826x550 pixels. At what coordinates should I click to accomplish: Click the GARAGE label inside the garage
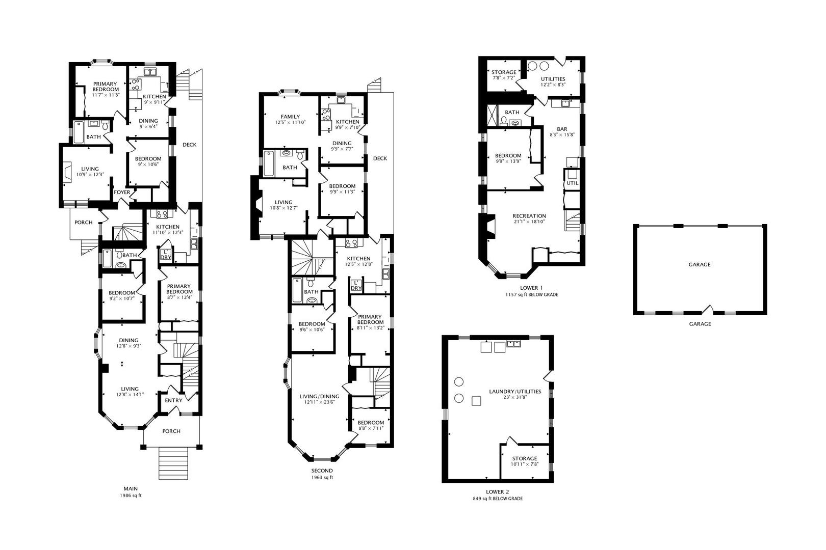click(699, 264)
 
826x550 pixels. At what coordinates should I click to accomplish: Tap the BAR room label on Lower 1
click(562, 129)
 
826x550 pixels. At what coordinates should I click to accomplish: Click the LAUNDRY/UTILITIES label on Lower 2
click(515, 392)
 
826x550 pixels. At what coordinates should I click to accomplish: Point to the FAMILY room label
click(290, 117)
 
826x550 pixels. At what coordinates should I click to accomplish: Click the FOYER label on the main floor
click(122, 193)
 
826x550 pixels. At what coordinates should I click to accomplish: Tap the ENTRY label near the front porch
click(173, 400)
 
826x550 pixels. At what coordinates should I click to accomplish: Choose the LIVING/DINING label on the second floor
click(319, 396)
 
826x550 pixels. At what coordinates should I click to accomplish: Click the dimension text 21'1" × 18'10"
click(529, 222)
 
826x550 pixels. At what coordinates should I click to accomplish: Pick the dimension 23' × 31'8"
click(515, 398)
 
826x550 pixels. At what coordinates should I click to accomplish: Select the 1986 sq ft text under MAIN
click(131, 496)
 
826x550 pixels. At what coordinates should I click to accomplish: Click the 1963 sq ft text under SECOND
click(322, 477)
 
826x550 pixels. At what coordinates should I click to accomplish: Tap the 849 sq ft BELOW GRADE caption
click(498, 499)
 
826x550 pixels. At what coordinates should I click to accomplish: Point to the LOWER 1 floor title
click(531, 288)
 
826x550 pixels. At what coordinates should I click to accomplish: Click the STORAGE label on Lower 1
click(504, 72)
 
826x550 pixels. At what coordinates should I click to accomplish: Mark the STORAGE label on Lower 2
click(524, 459)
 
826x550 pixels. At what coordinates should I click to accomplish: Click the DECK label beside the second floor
click(380, 158)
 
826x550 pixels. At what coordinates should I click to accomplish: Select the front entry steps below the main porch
click(173, 463)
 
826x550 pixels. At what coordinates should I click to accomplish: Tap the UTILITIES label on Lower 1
click(553, 79)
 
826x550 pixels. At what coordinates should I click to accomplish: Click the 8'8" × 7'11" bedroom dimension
click(371, 428)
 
